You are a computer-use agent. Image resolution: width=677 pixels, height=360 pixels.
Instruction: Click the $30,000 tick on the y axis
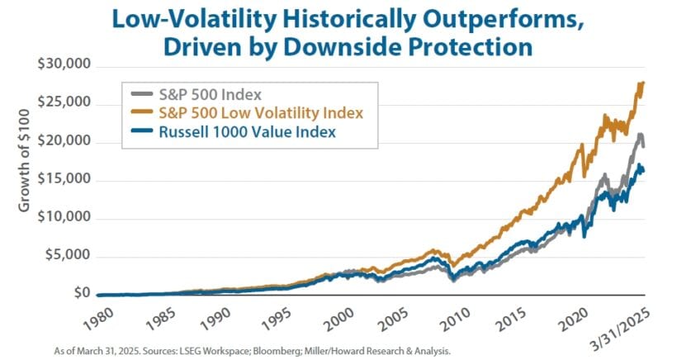point(65,65)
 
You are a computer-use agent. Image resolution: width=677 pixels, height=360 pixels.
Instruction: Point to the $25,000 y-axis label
point(65,103)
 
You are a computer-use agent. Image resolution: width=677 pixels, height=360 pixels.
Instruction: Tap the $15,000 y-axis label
point(65,180)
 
